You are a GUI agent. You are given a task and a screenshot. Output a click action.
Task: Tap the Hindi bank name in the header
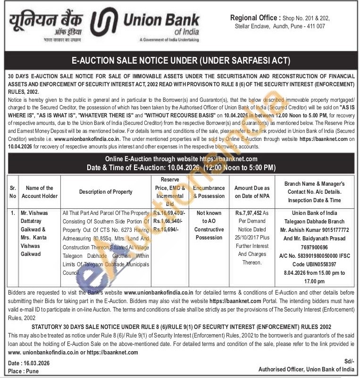click(45, 21)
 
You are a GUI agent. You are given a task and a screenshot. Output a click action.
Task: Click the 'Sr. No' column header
click(13, 192)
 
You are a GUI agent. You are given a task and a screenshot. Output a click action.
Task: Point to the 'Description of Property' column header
click(106, 192)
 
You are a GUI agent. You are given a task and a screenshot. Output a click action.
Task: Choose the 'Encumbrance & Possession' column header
click(209, 192)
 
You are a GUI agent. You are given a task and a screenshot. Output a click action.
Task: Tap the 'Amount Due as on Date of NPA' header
click(252, 192)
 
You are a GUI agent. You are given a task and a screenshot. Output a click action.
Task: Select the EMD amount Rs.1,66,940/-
click(168, 221)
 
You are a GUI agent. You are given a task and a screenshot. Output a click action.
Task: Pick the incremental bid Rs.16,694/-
click(166, 230)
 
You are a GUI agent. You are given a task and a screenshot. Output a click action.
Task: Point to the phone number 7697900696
click(315, 247)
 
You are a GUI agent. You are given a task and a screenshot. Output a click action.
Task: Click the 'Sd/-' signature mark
click(349, 361)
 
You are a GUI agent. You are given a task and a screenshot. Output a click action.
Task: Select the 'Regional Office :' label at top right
click(254, 18)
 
